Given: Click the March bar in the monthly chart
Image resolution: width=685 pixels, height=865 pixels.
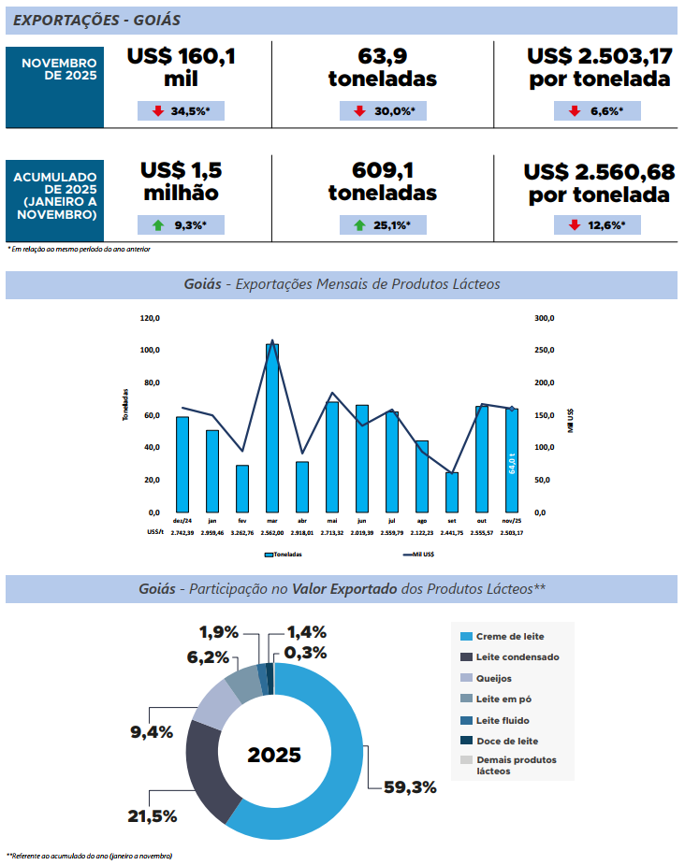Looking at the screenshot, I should pos(272,427).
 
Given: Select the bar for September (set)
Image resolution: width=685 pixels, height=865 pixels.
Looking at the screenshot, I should pos(452,492).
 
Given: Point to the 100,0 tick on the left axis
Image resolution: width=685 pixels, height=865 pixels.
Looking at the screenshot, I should pos(150,350).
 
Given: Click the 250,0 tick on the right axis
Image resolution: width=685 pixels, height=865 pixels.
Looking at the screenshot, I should pos(545,350).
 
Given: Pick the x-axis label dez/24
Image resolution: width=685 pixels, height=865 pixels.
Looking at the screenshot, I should pos(182,521).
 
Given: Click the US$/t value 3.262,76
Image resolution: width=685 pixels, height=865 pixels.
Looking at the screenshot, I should pos(242,532).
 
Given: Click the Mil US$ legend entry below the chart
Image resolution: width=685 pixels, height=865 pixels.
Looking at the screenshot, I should pos(422,555).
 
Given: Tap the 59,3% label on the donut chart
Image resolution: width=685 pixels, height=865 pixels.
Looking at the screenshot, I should pos(410,786).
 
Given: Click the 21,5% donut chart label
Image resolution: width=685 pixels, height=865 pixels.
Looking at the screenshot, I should pos(153,816).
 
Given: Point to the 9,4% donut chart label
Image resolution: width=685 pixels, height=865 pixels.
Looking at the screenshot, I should pos(152,732).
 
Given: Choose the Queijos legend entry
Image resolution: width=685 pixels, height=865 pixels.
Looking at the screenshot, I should pos(493,678).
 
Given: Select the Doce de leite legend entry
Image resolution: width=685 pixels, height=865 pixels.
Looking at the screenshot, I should pos(505,741).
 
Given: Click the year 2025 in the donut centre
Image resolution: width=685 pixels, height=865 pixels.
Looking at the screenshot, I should pos(274,755).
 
